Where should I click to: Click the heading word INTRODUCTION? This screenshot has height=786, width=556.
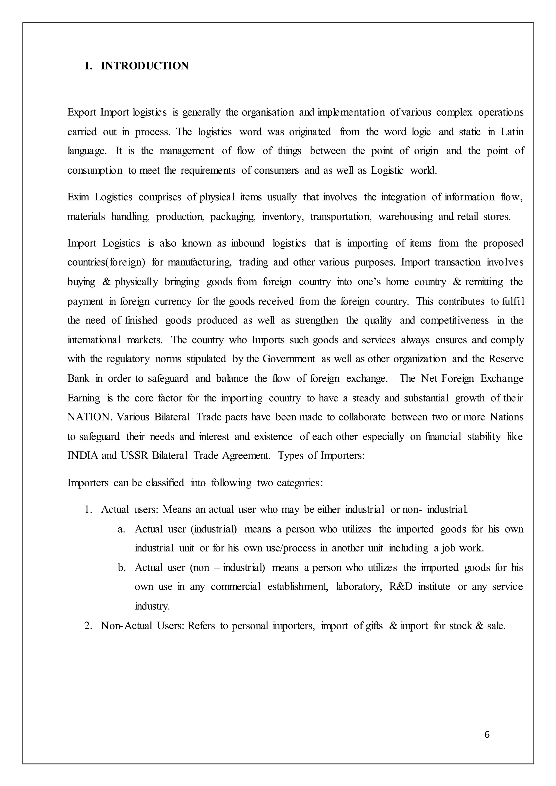(x=144, y=66)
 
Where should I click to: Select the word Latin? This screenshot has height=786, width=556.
(x=512, y=132)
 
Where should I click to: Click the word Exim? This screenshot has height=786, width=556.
(x=78, y=197)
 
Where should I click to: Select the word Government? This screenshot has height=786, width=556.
(x=289, y=359)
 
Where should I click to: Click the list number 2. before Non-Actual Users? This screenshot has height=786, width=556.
(x=88, y=626)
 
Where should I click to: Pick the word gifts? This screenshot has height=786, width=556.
(x=374, y=626)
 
